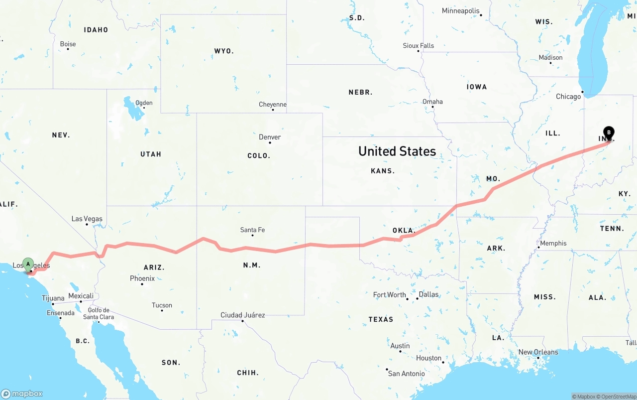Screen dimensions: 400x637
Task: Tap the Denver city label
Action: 270,137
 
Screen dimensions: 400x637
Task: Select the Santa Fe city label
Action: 252,230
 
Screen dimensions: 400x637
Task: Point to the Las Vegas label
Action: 87,219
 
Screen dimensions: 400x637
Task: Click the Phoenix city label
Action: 142,278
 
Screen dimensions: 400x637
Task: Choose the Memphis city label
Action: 553,243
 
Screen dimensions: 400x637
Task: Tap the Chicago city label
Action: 568,97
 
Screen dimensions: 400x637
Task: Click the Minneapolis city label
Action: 460,11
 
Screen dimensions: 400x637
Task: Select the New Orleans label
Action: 538,352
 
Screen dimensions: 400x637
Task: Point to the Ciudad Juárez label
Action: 243,315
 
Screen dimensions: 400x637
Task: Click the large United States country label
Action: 397,151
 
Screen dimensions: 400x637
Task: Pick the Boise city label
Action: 68,44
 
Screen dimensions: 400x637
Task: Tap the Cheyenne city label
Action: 273,105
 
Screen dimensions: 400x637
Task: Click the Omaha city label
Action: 432,102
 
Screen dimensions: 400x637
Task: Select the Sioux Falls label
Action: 419,45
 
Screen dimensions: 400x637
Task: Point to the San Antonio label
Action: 407,373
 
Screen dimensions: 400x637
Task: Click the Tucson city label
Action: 162,305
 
